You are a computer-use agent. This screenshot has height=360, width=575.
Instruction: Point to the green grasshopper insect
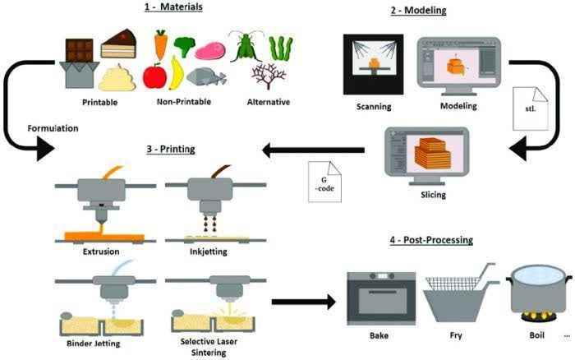point(244,45)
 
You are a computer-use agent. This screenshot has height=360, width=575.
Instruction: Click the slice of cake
point(117,44)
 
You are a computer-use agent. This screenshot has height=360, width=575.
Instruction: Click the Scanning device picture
point(373,65)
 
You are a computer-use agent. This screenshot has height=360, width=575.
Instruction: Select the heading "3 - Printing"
point(172,148)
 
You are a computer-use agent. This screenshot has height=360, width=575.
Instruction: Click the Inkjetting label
point(202,250)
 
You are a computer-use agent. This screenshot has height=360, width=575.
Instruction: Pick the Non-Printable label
point(182,102)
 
